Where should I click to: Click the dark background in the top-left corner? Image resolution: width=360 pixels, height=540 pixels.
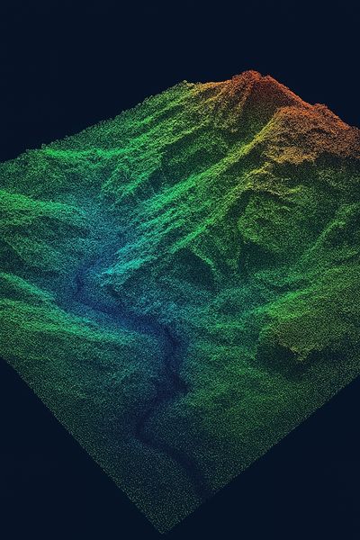pos(36,36)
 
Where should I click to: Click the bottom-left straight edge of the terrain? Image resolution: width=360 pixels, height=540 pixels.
pos(81,441)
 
